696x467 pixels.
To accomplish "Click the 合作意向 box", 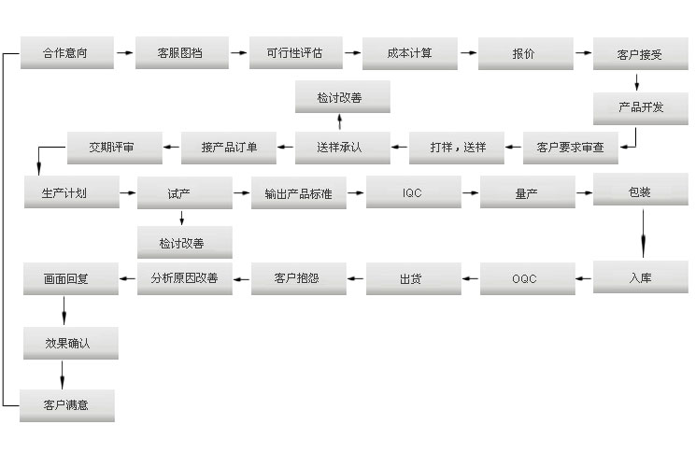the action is pyautogui.click(x=67, y=53).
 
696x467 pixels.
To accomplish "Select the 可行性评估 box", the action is pyautogui.click(x=295, y=53).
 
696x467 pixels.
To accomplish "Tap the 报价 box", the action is pyautogui.click(x=526, y=54).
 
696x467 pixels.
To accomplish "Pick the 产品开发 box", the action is pyautogui.click(x=641, y=108).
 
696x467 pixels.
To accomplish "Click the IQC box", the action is pyautogui.click(x=413, y=192).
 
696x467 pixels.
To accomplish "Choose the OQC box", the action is pyautogui.click(x=527, y=278).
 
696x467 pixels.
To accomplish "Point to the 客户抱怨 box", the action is pyautogui.click(x=299, y=278).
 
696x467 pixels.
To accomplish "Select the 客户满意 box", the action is pyautogui.click(x=67, y=405).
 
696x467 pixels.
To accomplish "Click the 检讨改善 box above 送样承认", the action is pyautogui.click(x=343, y=97).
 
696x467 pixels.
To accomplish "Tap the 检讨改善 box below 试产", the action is pyautogui.click(x=185, y=243).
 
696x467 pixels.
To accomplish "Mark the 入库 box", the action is pyautogui.click(x=641, y=277).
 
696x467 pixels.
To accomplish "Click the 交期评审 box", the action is pyautogui.click(x=115, y=148).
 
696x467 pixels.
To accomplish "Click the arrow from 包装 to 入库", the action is pyautogui.click(x=643, y=233).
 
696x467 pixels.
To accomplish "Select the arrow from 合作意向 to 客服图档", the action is pyautogui.click(x=125, y=53).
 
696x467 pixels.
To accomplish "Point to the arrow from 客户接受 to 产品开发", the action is pyautogui.click(x=637, y=82).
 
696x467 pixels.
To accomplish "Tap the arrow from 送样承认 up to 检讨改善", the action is pyautogui.click(x=339, y=121).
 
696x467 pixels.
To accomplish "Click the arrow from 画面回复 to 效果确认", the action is pyautogui.click(x=64, y=311).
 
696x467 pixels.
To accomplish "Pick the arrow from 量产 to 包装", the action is pyautogui.click(x=584, y=193).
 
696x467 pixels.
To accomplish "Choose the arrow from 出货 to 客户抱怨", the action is pyautogui.click(x=356, y=278).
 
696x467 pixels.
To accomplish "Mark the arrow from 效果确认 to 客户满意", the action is pyautogui.click(x=63, y=375).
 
